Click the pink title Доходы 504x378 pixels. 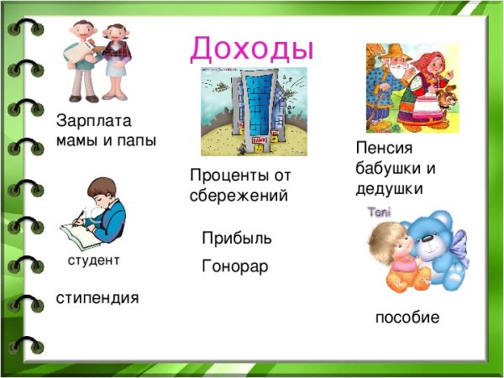(x=252, y=47)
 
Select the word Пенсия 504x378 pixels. (x=383, y=148)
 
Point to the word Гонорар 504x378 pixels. (x=235, y=268)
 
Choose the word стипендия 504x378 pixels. (x=97, y=298)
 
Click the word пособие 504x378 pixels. (x=407, y=318)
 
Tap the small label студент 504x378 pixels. (x=94, y=261)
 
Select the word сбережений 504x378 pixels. (x=239, y=197)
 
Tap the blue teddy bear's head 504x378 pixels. (x=433, y=239)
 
